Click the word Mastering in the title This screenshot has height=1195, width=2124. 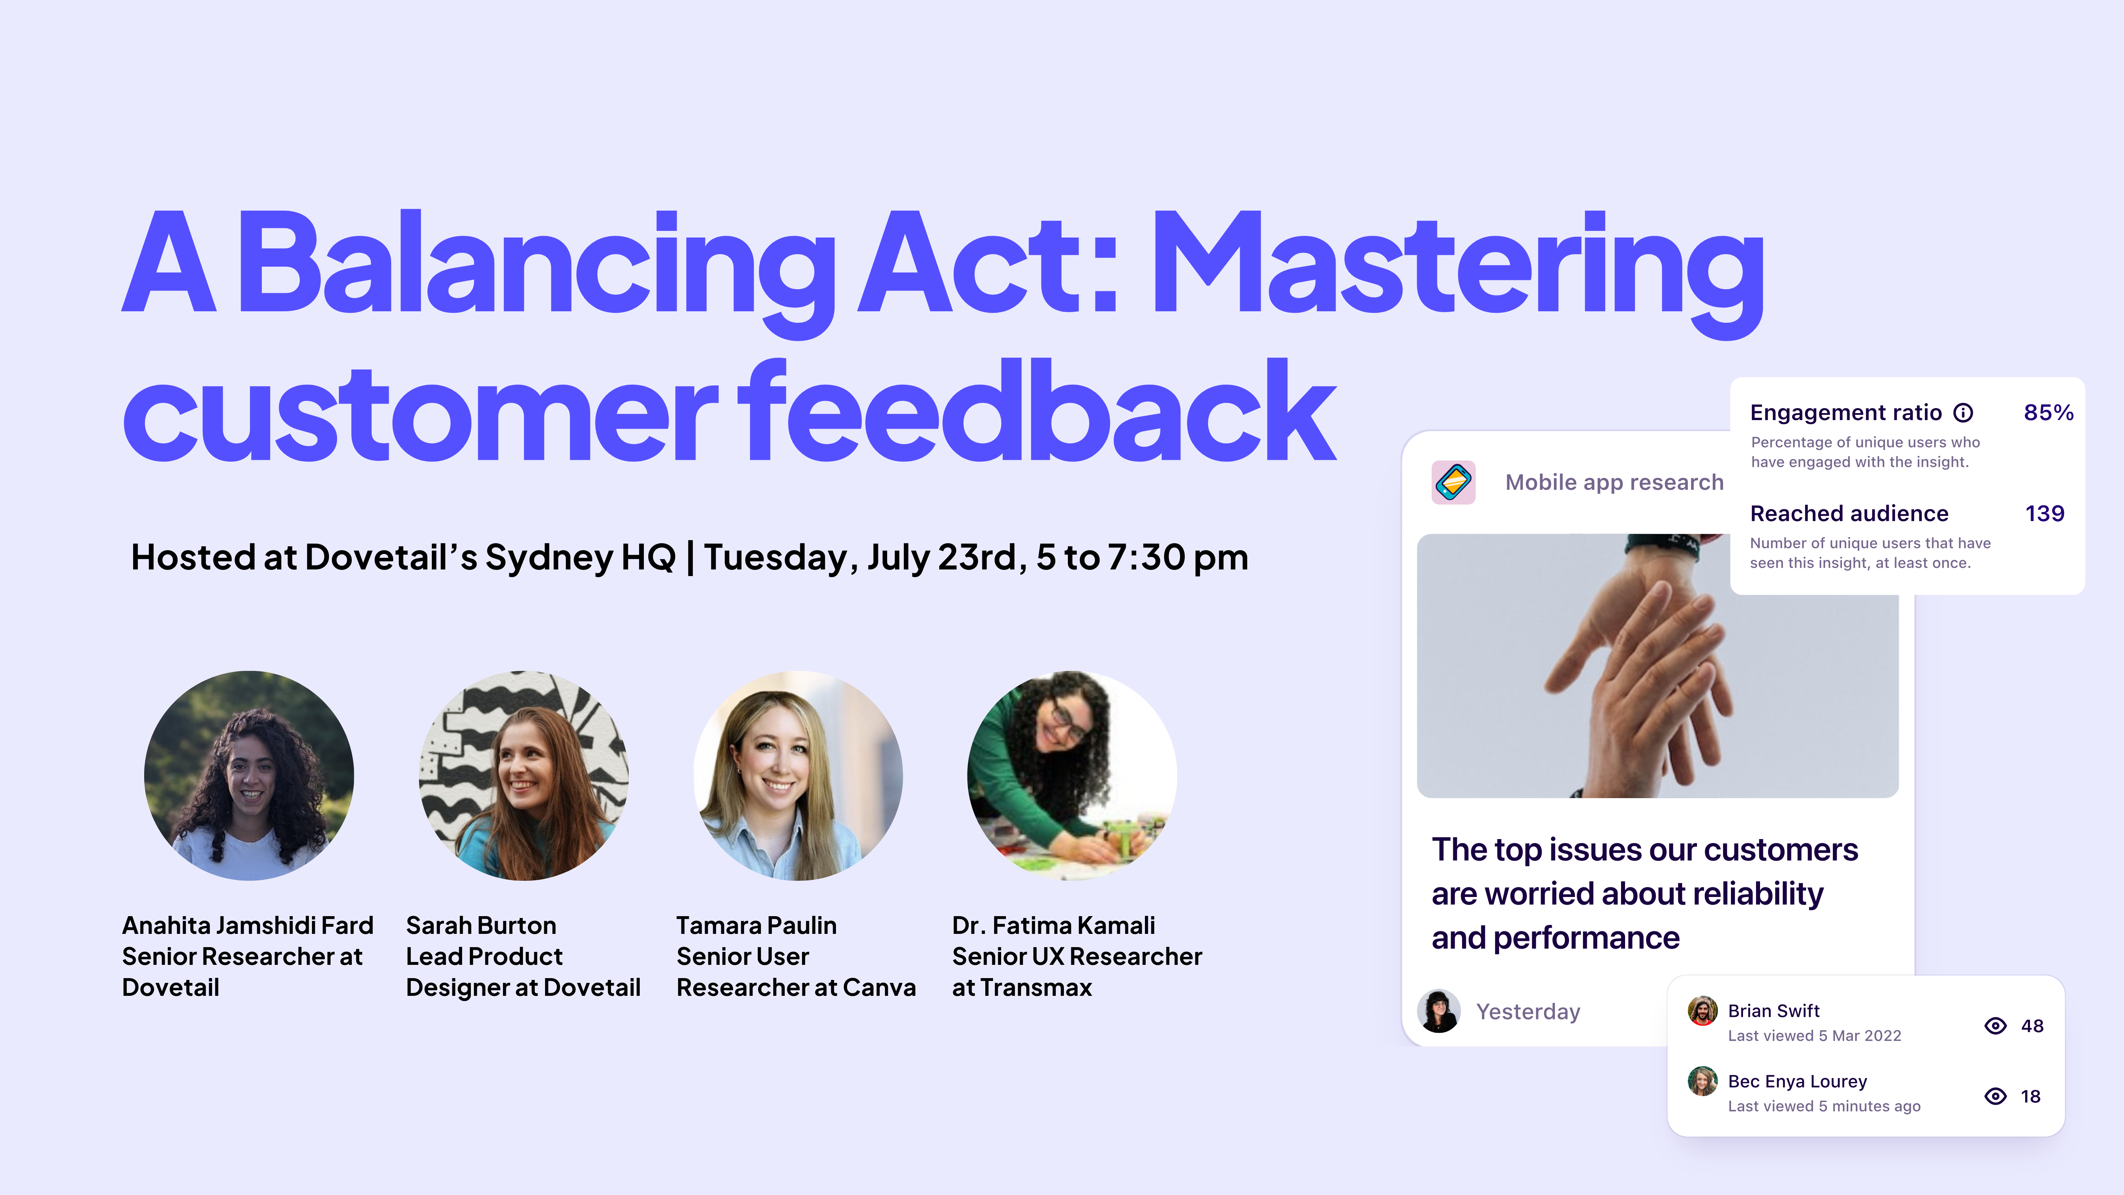pos(1455,264)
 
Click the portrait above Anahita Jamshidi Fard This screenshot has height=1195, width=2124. pos(249,775)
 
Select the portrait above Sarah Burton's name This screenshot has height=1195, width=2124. pos(524,775)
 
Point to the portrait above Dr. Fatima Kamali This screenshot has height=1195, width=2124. pos(1072,775)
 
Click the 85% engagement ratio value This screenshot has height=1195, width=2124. pos(2048,412)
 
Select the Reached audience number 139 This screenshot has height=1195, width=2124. pos(2045,514)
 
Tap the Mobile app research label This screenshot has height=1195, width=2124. pos(1614,482)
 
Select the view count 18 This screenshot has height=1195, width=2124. pos(2030,1096)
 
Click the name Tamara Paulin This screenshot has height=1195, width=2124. pos(756,925)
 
